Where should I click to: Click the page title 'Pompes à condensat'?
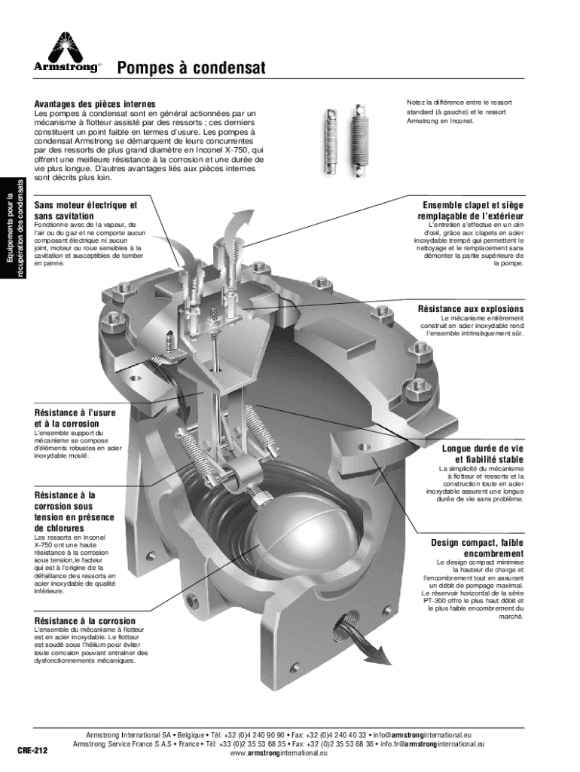tap(191, 67)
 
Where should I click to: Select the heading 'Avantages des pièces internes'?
tap(95, 104)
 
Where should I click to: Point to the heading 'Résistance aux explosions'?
tap(471, 308)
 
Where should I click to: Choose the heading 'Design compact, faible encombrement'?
tap(478, 548)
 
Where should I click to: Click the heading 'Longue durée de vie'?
tap(483, 449)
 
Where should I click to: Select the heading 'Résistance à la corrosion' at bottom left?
tap(84, 621)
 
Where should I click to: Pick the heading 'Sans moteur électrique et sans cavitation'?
tap(86, 210)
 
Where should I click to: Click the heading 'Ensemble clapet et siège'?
tap(473, 205)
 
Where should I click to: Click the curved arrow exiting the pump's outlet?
tap(362, 639)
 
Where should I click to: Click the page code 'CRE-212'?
tap(32, 751)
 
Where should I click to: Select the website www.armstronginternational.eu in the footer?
tap(279, 753)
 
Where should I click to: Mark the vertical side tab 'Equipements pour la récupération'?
tap(12, 228)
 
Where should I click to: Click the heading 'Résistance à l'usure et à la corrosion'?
tap(75, 418)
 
